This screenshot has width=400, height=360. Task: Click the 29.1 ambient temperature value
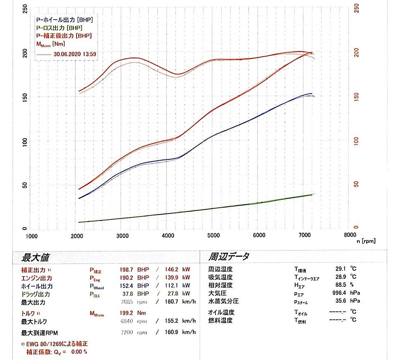[341, 269]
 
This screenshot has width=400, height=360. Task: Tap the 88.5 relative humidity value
[341, 285]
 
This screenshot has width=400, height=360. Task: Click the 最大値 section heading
[36, 258]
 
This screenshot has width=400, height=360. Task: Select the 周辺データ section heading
[228, 257]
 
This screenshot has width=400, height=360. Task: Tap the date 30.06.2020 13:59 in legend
[75, 54]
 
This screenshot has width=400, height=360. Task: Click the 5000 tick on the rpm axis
[213, 235]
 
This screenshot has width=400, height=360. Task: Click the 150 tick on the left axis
[25, 97]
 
